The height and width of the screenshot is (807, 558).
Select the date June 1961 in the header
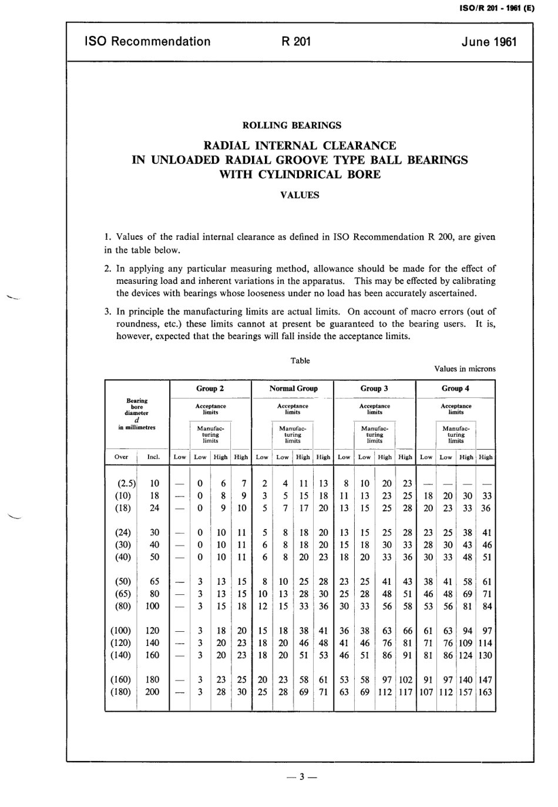489,42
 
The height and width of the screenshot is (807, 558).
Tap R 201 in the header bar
297,42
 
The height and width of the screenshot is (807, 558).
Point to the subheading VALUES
300,195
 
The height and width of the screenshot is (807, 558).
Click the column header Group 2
210,389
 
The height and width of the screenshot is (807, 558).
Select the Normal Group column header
293,389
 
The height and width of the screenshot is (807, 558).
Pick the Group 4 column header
455,389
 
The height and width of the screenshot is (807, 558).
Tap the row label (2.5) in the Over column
126,484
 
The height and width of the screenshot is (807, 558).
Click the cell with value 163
485,692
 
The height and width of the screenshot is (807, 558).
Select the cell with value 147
485,679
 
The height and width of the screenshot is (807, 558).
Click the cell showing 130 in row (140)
485,655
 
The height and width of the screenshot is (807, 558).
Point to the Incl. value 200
152,692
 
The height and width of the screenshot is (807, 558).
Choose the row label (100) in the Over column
121,631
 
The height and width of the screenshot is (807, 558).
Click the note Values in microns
465,369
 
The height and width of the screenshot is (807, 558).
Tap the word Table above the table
300,361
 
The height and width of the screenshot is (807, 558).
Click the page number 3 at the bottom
300,778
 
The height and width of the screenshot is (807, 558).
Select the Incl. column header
153,457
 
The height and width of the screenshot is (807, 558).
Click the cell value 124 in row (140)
466,655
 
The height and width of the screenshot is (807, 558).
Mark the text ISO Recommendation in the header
147,42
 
